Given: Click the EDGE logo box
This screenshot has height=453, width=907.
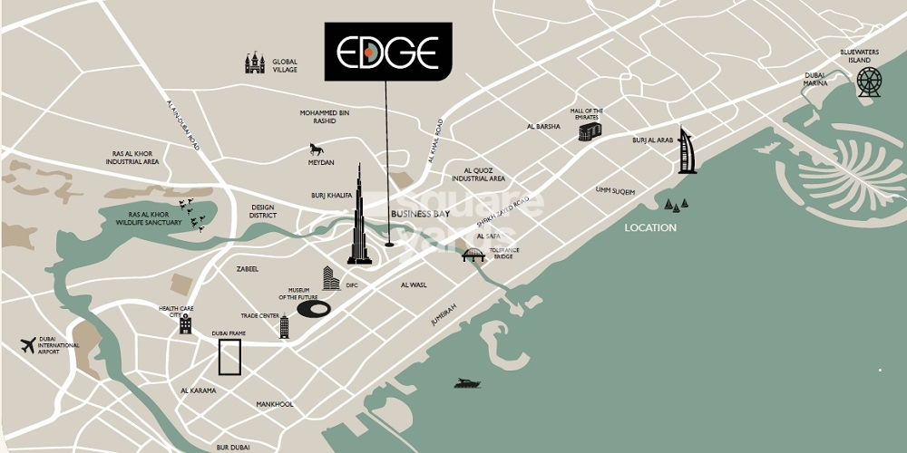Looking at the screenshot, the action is pos(388,52).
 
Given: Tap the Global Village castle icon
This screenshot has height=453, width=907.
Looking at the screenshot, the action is pos(255,63).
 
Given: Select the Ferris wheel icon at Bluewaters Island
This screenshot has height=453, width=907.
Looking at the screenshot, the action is pos(869,82).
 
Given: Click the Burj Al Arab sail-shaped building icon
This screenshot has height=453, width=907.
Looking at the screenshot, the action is pos(688,152).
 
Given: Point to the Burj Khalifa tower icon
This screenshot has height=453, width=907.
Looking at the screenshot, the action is pos(359,217).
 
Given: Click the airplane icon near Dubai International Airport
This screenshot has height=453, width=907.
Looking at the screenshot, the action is pos(28,345).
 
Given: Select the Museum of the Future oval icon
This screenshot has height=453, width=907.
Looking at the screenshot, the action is pos(313,309).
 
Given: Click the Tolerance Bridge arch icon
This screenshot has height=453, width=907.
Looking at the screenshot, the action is pos(473,255).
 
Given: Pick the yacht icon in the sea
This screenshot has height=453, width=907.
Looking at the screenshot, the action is pos(467,383).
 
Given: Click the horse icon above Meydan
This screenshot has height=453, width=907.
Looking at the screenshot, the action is pos(316,149).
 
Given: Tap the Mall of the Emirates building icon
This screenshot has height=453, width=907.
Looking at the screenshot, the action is pos(590,132).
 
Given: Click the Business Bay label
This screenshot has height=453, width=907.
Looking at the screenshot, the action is pos(420,214).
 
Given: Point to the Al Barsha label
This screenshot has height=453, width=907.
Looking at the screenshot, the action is pos(542,128).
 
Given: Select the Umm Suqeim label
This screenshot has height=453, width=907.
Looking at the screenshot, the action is pos(615,191).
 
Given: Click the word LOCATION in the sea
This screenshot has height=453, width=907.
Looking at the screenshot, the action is pos(650,227).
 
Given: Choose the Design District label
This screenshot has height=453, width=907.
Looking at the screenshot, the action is pos(262,211).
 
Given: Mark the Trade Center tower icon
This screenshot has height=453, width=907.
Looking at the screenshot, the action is pos(284,327).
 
